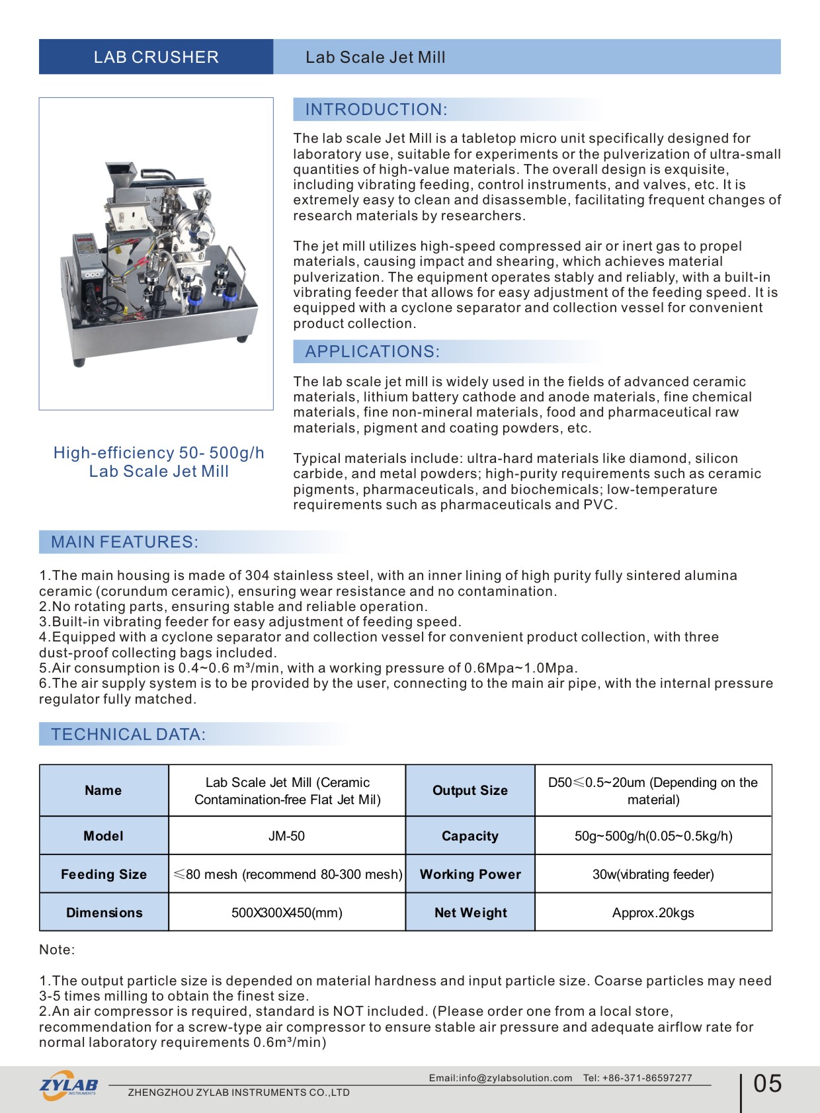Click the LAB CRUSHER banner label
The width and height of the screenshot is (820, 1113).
pyautogui.click(x=156, y=57)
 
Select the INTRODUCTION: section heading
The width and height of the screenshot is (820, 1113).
pyautogui.click(x=376, y=110)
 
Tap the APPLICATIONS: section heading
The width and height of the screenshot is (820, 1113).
pyautogui.click(x=372, y=352)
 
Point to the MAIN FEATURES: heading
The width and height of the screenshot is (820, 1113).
pyautogui.click(x=124, y=542)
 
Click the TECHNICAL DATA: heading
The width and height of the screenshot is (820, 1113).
pyautogui.click(x=128, y=735)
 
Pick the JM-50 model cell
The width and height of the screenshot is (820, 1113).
pyautogui.click(x=286, y=836)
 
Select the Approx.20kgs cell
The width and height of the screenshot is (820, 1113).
pyautogui.click(x=653, y=913)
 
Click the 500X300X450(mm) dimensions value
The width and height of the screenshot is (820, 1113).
pyautogui.click(x=286, y=913)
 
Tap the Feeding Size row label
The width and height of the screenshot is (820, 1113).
pyautogui.click(x=104, y=874)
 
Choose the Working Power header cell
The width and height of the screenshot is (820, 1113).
pyautogui.click(x=470, y=874)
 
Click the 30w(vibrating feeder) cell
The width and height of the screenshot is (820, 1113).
pyautogui.click(x=653, y=874)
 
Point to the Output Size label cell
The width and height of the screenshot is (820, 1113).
pyautogui.click(x=470, y=790)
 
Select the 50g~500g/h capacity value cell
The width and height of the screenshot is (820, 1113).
pyautogui.click(x=653, y=836)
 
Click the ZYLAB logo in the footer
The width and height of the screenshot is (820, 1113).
pyautogui.click(x=69, y=1085)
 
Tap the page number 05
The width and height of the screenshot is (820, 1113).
pyautogui.click(x=767, y=1083)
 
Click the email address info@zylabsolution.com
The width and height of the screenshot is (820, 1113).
pyautogui.click(x=501, y=1078)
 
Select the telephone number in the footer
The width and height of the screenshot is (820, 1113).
pyautogui.click(x=637, y=1078)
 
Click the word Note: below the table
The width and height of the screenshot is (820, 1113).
pyautogui.click(x=57, y=950)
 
